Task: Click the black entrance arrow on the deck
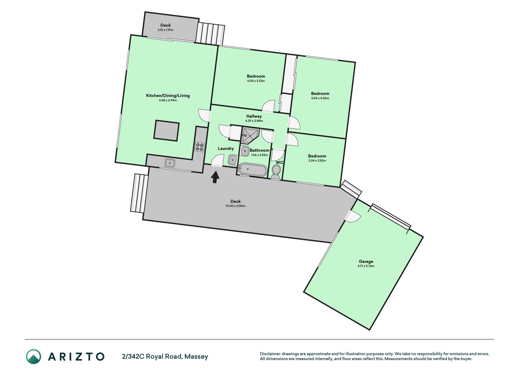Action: (x=215, y=177)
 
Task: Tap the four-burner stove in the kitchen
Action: (x=200, y=147)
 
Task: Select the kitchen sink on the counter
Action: (x=170, y=163)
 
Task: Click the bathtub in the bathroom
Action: (x=253, y=170)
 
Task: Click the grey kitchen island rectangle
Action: (x=166, y=130)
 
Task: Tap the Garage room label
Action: (x=366, y=261)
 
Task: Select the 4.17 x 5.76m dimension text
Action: (x=366, y=266)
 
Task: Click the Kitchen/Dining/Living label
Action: (x=168, y=96)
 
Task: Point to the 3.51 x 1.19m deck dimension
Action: (x=165, y=30)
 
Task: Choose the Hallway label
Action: (x=254, y=116)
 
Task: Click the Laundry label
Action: (x=226, y=148)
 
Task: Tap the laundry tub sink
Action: (x=233, y=160)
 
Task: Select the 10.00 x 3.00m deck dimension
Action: (x=235, y=206)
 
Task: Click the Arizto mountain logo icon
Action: (x=33, y=356)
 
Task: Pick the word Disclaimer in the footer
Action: (x=270, y=354)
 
